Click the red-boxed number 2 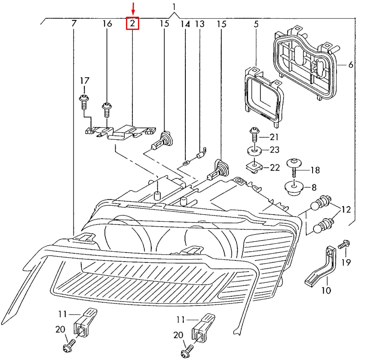tap(132, 23)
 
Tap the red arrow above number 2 tap(133, 8)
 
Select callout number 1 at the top tap(174, 7)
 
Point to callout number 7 tap(74, 23)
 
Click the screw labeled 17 tap(84, 102)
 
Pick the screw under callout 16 tap(107, 110)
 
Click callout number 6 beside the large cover tap(350, 65)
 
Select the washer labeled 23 tap(254, 151)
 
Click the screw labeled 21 tap(254, 134)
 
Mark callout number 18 tap(315, 170)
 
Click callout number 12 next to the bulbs tap(346, 209)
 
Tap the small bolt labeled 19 tap(344, 245)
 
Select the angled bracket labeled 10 tap(321, 266)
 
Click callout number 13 tap(200, 24)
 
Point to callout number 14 tap(185, 24)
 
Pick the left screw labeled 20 tap(69, 346)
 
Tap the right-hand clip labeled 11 tap(204, 328)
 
